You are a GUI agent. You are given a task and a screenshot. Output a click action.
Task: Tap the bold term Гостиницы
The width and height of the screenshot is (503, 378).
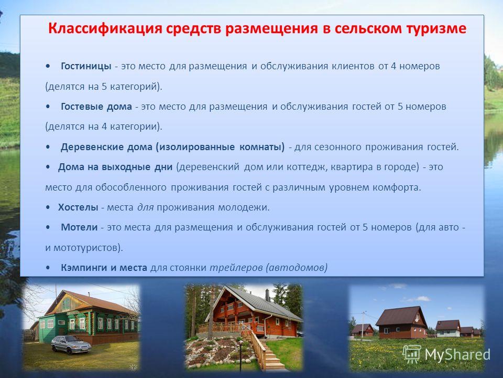click(x=86, y=66)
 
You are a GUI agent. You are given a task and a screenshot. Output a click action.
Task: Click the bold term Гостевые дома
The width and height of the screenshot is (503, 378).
click(x=96, y=107)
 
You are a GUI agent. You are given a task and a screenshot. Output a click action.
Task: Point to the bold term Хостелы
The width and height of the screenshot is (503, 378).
click(x=78, y=207)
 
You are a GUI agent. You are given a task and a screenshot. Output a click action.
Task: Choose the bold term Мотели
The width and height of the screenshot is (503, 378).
click(x=79, y=227)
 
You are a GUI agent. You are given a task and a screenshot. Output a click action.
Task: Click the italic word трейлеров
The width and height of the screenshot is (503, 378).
click(x=236, y=267)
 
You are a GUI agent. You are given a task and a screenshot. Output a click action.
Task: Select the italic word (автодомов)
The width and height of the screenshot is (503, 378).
click(x=297, y=267)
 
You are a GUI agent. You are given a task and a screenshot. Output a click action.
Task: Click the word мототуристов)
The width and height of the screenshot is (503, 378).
click(x=88, y=248)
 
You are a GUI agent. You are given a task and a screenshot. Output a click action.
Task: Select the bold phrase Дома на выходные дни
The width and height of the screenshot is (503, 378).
click(x=115, y=167)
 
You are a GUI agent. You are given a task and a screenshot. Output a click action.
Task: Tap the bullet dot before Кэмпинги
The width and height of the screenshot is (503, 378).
click(x=48, y=267)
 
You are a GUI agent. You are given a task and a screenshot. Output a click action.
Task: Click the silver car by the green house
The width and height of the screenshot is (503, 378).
click(x=71, y=344)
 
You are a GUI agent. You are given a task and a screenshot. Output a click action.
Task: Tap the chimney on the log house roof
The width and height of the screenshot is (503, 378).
click(x=267, y=295)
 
